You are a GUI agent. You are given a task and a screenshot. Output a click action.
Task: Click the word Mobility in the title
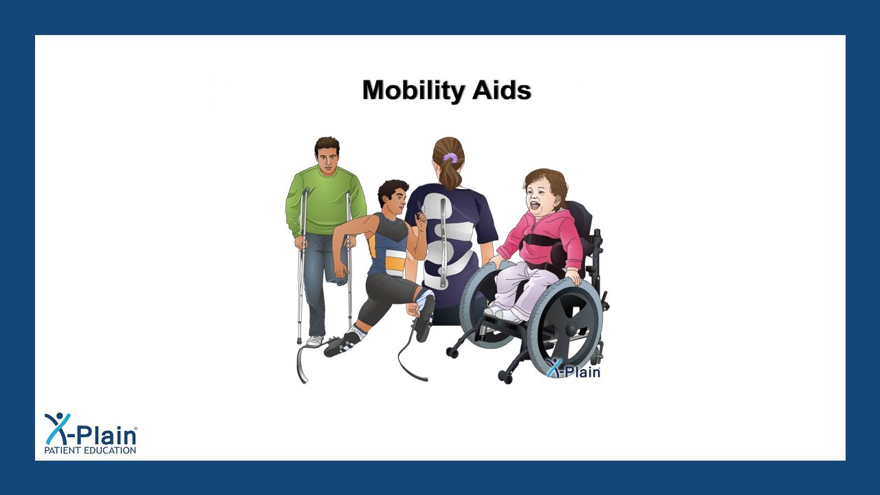(x=410, y=91)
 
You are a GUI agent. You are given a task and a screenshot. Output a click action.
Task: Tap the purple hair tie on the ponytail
(x=450, y=158)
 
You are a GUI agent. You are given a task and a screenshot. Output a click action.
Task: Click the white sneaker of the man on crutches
(x=314, y=340)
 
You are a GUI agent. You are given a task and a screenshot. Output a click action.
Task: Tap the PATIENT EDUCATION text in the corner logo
(x=90, y=450)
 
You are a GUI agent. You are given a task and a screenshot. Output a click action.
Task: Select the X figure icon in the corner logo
(x=58, y=428)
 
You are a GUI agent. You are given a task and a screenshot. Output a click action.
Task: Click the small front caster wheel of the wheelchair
(x=507, y=377)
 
